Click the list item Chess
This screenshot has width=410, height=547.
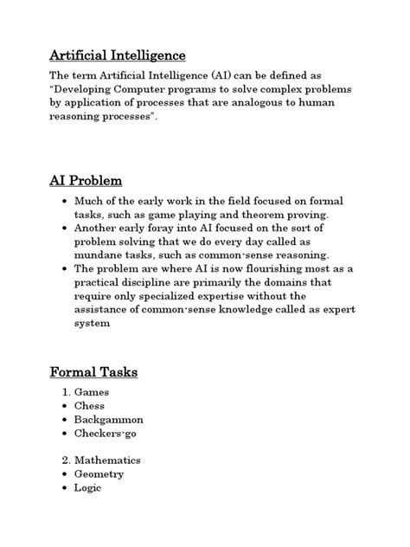click(89, 405)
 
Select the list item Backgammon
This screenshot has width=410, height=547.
click(109, 419)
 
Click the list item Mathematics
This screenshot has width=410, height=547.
click(107, 460)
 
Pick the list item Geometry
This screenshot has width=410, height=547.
click(99, 474)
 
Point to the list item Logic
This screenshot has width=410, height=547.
click(88, 487)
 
